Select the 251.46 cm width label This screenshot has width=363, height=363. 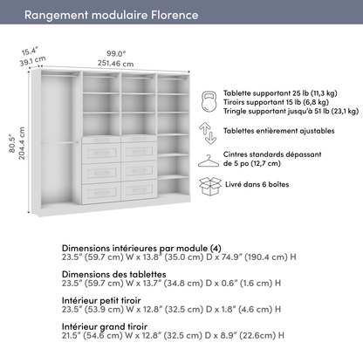pos(116,64)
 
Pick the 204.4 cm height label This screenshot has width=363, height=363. pos(23,138)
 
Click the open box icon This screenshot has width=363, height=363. pos(209,185)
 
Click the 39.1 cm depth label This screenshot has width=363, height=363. pos(33,62)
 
